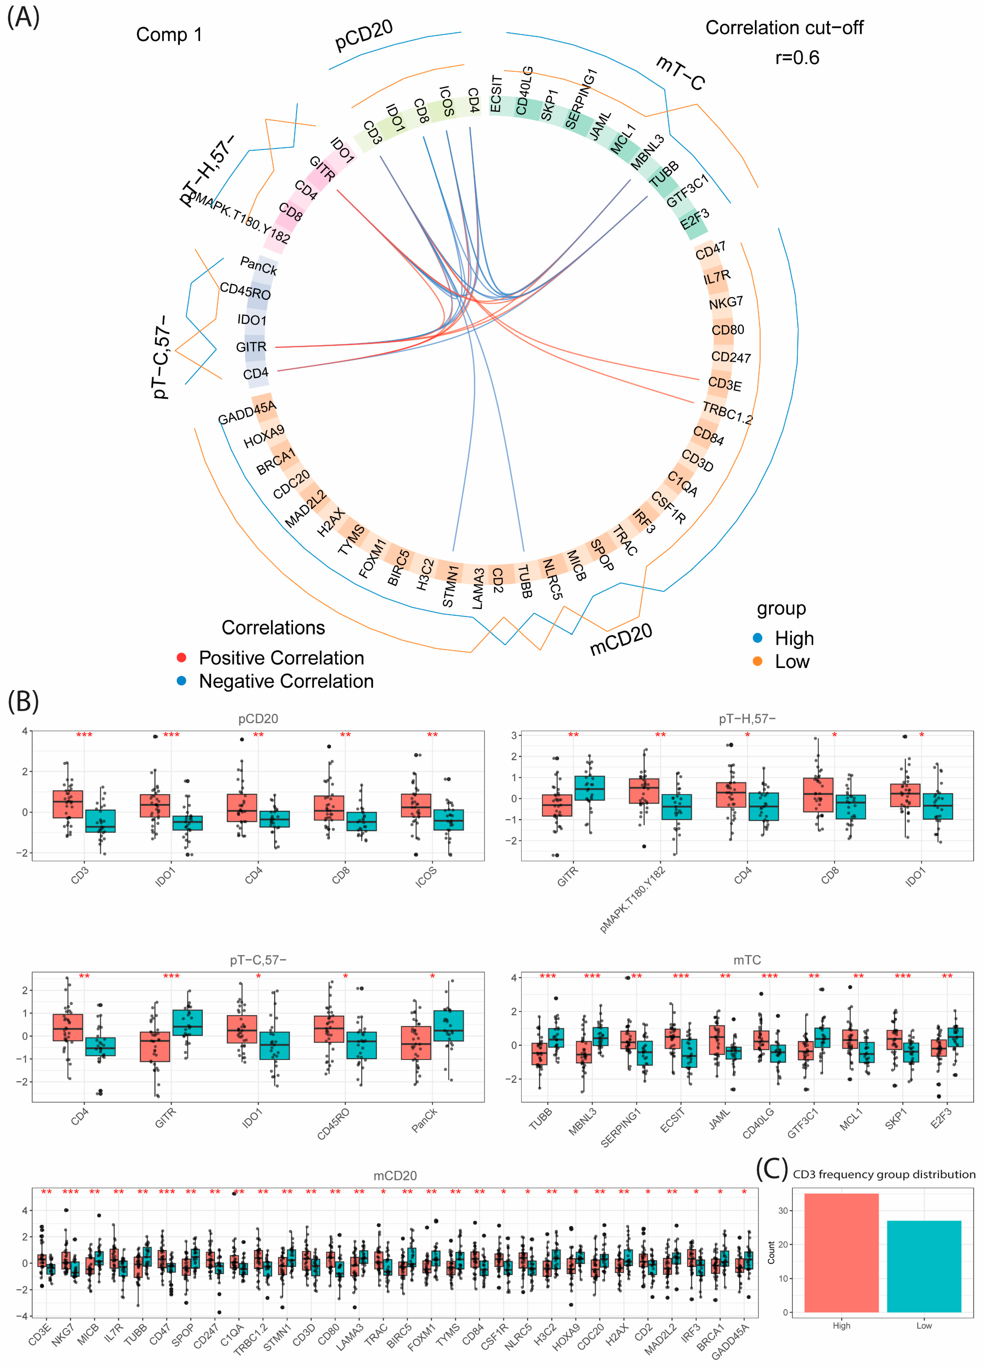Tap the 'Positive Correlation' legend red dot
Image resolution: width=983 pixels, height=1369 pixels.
pos(181,657)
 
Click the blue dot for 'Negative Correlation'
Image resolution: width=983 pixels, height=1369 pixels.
pos(181,681)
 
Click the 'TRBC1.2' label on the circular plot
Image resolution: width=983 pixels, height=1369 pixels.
pos(727,413)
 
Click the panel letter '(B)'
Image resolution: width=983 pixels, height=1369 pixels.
pos(23,702)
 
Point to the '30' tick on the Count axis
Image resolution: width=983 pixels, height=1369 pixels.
pos(783,1211)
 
